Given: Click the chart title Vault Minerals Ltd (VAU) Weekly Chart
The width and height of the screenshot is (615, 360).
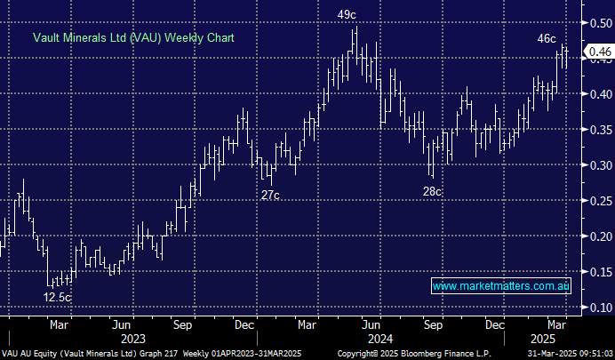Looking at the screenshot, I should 133,38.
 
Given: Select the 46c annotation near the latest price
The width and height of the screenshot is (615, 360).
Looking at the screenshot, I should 547,38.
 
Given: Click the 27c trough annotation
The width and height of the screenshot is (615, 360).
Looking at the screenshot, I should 270,194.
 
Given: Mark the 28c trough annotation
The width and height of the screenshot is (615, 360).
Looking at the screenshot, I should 432,191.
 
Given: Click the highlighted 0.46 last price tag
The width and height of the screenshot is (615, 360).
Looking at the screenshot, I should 599,53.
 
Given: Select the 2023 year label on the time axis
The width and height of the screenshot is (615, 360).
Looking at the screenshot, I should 132,338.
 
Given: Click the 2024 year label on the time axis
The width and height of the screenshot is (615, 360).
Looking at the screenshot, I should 379,338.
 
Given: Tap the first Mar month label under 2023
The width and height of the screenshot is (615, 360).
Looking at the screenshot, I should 60,324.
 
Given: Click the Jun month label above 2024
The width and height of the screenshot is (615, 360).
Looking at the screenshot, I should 379,324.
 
